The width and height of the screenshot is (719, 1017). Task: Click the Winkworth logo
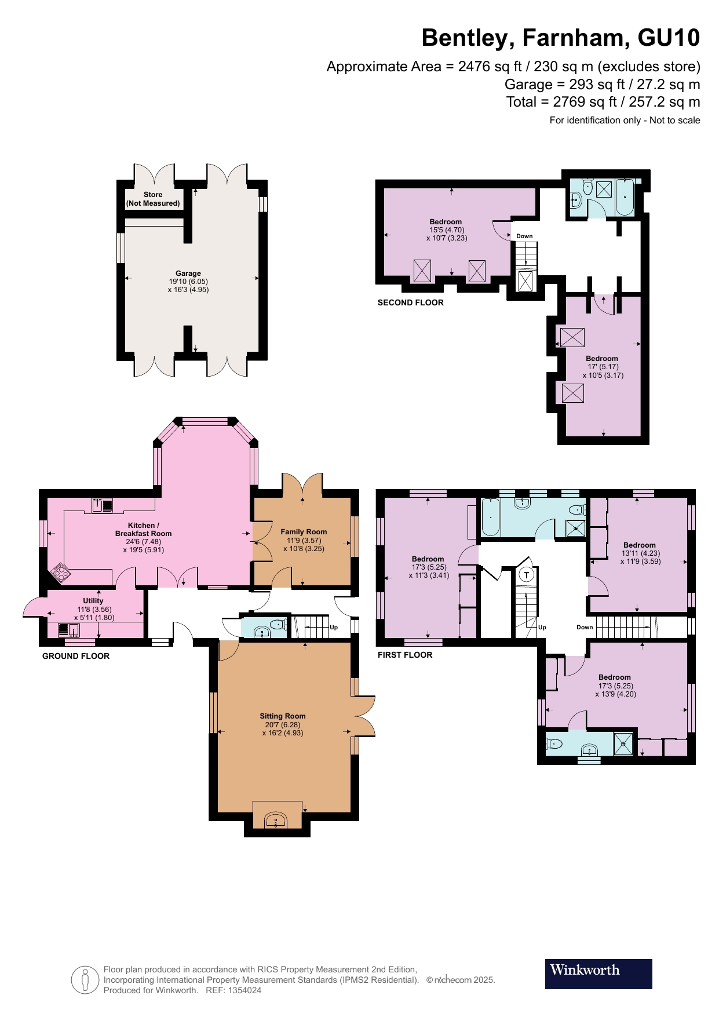pos(598,974)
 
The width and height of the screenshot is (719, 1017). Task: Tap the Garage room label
pos(188,274)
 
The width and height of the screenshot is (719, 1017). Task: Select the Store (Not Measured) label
pos(153,199)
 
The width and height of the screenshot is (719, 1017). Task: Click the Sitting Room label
pos(283,716)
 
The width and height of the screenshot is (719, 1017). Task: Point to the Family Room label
pos(304,532)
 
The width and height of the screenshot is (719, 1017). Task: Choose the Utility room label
pos(93,601)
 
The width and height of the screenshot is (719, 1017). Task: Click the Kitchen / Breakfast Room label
pos(143,530)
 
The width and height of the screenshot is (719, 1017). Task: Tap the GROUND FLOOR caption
pos(76,656)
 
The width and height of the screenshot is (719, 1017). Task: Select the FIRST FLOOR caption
pos(405,655)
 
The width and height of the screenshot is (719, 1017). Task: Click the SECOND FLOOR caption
pos(411,302)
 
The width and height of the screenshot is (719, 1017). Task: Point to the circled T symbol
pos(526,575)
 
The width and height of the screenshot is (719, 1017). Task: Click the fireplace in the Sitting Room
pos(276,821)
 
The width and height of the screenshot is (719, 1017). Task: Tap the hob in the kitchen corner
pos(61,573)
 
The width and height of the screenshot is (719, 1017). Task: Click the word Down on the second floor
pos(524,236)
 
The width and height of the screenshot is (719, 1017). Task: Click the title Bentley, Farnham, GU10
pos(560,38)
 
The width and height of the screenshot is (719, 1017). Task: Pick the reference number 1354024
pos(246,990)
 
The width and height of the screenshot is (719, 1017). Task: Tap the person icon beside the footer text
pos(85,980)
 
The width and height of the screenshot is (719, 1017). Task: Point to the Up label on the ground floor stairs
pos(334,628)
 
